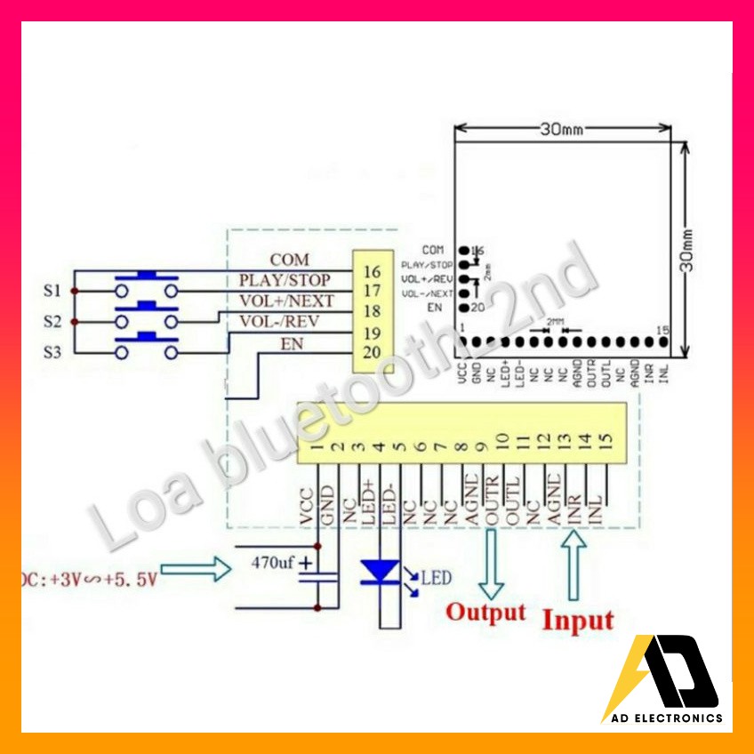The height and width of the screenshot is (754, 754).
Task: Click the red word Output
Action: [485, 613]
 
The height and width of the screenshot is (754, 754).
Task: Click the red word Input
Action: [578, 619]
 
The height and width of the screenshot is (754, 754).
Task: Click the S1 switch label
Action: [52, 290]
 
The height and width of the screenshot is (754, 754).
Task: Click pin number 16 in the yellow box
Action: [372, 271]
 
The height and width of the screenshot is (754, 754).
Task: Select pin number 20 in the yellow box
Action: [372, 353]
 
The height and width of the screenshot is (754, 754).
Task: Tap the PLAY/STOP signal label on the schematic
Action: [285, 280]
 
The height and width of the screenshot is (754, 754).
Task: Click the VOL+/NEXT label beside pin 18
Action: [285, 301]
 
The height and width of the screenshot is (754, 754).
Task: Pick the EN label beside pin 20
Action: [292, 343]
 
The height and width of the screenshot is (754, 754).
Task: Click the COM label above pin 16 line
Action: [290, 260]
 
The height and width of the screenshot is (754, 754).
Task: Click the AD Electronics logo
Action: [662, 681]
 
